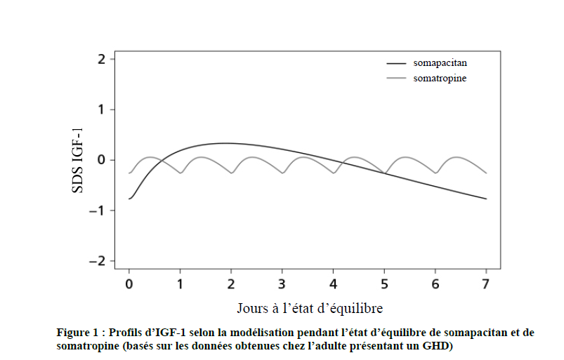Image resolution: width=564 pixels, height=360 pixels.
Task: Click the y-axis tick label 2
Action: [x=102, y=59]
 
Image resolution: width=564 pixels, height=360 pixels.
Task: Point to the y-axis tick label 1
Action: [x=102, y=109]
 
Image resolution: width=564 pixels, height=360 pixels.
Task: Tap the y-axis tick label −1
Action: [x=99, y=211]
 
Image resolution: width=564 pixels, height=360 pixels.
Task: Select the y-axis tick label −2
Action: [x=99, y=261]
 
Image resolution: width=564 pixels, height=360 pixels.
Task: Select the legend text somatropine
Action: [x=440, y=79]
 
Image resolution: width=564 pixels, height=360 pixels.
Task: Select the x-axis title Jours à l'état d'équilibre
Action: [x=310, y=309]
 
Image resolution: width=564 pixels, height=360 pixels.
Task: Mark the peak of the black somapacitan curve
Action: [x=225, y=143]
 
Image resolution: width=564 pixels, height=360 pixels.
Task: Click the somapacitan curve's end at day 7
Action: [x=485, y=199]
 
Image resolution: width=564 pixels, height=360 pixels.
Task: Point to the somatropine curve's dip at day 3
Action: [x=282, y=173]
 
